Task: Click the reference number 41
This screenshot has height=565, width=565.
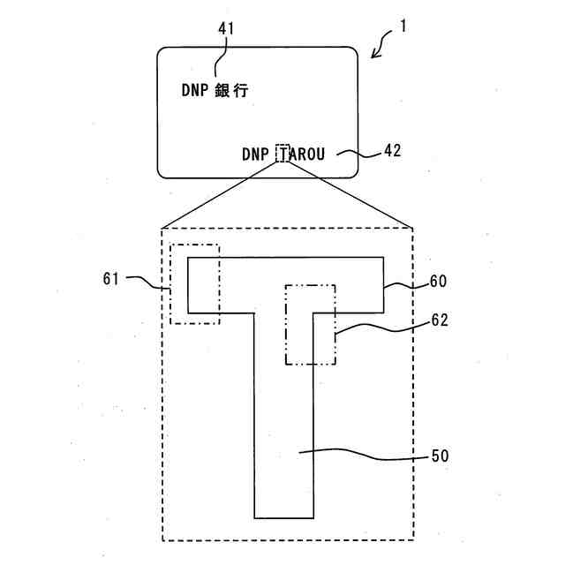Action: (226, 29)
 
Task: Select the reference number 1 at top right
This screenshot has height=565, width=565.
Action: (403, 26)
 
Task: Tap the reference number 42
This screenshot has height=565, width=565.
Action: (392, 150)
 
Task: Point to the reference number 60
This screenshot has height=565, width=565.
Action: (438, 282)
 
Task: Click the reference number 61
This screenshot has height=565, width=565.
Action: (111, 279)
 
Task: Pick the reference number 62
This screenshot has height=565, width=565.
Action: (438, 320)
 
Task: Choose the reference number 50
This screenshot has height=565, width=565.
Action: (439, 456)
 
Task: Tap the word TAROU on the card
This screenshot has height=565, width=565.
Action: (301, 154)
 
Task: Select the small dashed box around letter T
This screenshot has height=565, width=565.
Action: (282, 153)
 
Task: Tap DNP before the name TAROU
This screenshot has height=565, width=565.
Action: (255, 154)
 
